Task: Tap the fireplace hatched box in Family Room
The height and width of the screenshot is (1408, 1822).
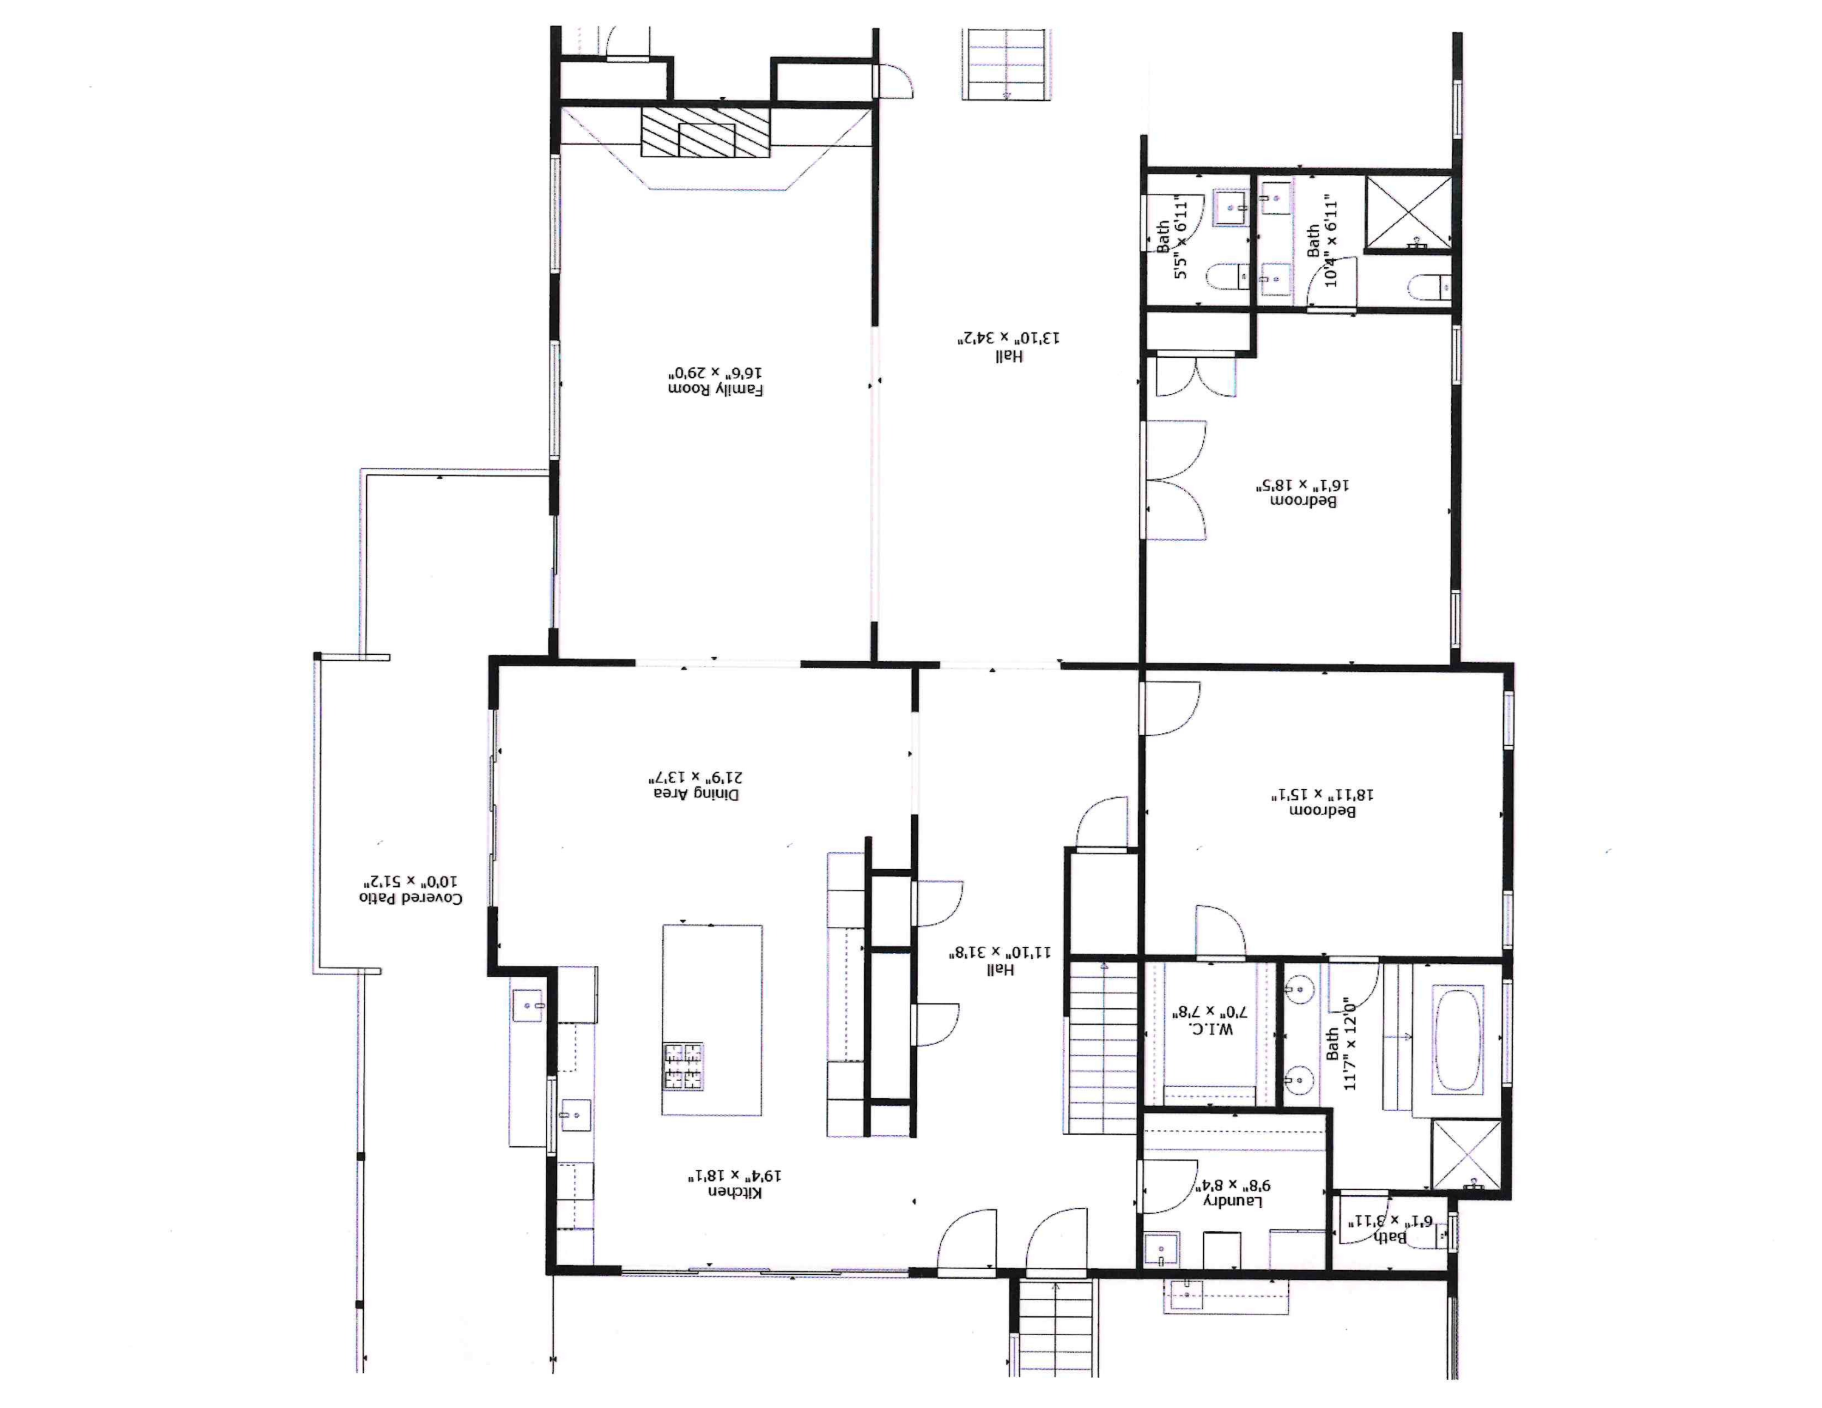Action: coord(705,132)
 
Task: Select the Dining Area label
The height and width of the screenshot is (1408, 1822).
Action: coord(696,793)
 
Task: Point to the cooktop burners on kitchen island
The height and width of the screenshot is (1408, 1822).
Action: coord(683,1066)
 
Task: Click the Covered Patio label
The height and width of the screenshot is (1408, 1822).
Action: coord(411,898)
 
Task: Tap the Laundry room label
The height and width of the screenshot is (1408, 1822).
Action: coord(1232,1201)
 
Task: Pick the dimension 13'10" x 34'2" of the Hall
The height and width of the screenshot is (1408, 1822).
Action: coord(1009,338)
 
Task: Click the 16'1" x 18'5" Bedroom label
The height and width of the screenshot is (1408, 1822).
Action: coord(1302,501)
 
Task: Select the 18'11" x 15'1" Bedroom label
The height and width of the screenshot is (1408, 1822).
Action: coord(1322,810)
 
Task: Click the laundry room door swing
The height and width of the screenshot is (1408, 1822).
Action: coord(1168,1185)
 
